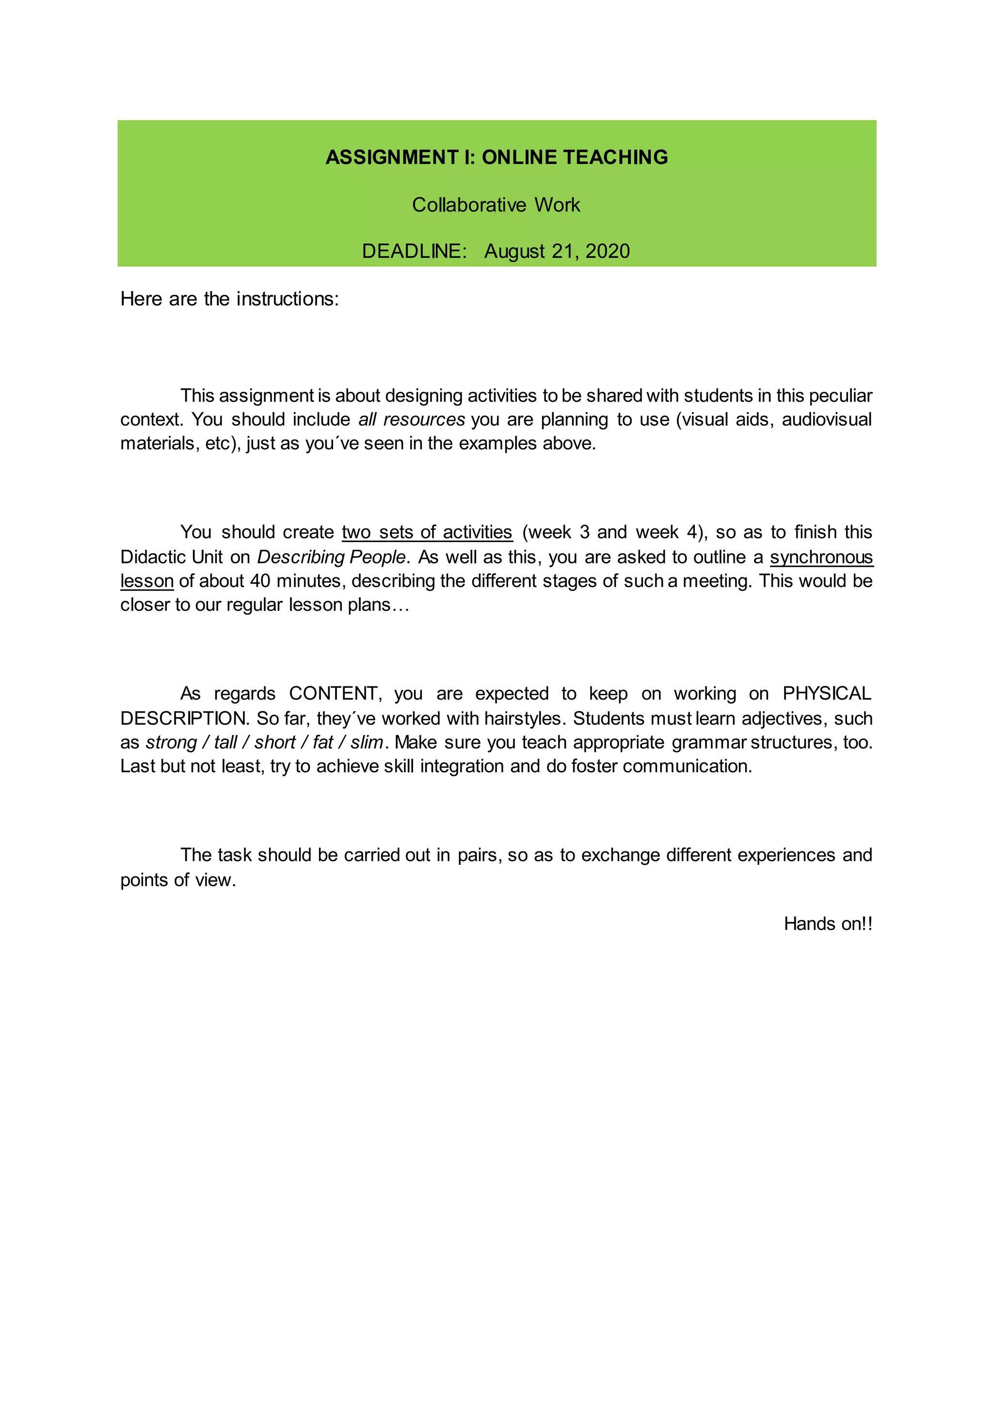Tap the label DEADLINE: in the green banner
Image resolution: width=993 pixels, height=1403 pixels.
tap(414, 251)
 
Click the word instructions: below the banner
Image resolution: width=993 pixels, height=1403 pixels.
tap(288, 299)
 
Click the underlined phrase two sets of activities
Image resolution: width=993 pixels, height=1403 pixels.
tap(427, 532)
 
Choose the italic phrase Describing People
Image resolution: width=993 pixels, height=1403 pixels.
tap(331, 557)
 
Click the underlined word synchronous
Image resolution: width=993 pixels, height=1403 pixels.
tap(821, 557)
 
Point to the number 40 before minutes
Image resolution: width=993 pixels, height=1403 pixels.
tap(260, 581)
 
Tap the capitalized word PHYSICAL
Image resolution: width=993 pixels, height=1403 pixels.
tap(827, 693)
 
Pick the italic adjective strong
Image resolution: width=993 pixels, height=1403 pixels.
tap(171, 742)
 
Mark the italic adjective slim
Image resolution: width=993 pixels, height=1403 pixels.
tap(367, 742)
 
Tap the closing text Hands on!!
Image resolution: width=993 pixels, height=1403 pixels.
tap(828, 923)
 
